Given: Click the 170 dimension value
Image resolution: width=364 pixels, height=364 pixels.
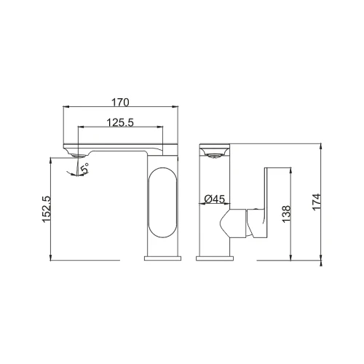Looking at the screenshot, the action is point(120,103).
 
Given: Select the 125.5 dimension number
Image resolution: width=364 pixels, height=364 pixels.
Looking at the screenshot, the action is point(120,122).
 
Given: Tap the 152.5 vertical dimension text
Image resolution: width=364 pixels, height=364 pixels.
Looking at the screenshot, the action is point(47,209).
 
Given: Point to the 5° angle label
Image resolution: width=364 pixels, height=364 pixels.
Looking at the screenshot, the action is point(85,168).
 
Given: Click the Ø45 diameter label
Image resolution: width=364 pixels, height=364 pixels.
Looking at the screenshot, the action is point(215,199).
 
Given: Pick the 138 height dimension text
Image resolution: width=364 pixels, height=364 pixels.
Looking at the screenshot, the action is point(286,213).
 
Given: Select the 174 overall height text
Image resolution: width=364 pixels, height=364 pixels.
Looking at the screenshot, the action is point(317,202).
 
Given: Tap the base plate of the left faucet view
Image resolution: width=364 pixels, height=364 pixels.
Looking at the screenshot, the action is point(163,258).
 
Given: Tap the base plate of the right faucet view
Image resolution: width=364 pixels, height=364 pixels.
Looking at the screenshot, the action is point(215,258).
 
